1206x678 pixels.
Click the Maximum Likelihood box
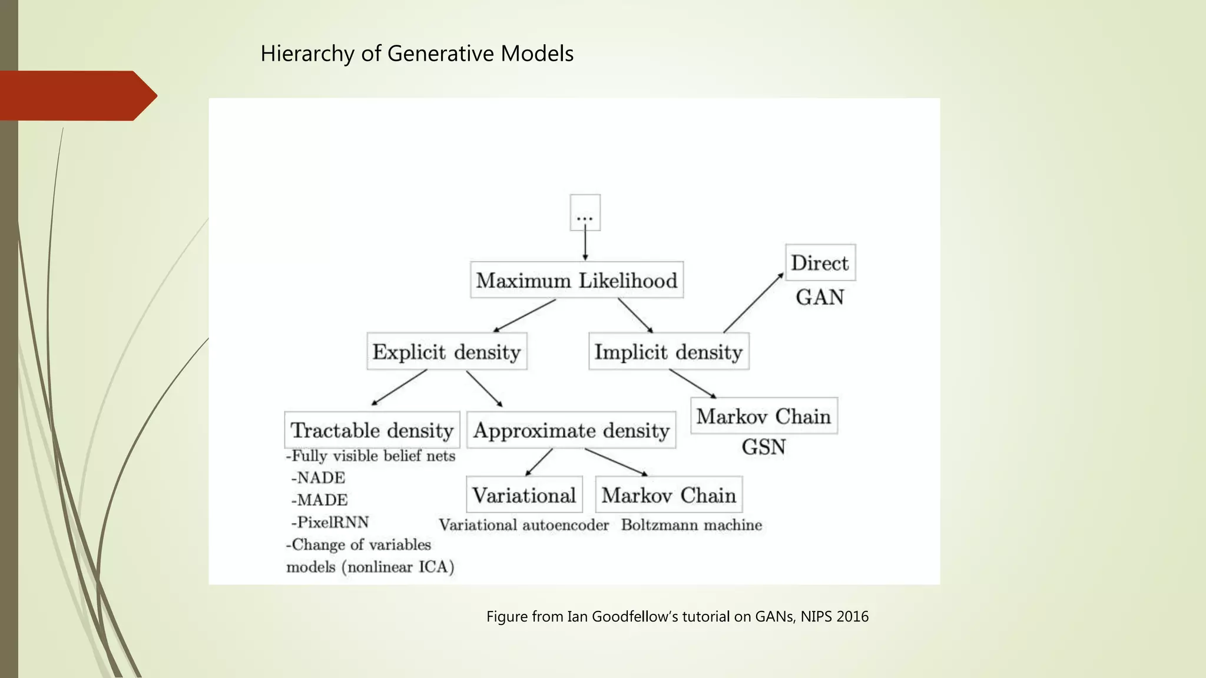(577, 280)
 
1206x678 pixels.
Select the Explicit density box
(446, 352)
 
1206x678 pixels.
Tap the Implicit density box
(668, 352)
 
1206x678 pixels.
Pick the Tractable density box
(372, 430)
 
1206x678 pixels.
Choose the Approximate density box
(571, 430)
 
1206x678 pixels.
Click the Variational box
(524, 495)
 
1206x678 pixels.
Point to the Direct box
(820, 262)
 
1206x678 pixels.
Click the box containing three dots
(585, 212)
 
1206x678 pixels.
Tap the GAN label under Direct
(820, 297)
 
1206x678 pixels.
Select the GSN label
(763, 447)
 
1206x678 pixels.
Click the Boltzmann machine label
(691, 525)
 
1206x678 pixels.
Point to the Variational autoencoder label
(524, 525)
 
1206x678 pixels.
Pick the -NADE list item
(318, 477)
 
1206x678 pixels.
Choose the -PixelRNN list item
(330, 522)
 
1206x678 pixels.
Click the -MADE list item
(319, 500)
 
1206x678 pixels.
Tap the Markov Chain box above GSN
(763, 416)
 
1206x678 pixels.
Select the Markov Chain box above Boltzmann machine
(668, 495)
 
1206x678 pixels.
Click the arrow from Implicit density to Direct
(753, 303)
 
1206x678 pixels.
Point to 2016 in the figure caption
(852, 617)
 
